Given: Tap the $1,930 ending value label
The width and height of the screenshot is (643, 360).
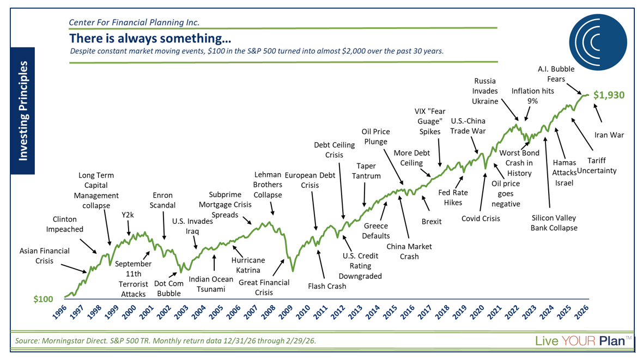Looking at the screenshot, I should pos(609,95).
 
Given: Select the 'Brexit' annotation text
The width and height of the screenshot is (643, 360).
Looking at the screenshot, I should pos(432,221).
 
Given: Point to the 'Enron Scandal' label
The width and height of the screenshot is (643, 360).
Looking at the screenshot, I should pos(164,200).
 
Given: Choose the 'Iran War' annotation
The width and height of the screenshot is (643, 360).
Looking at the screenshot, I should pos(609,135).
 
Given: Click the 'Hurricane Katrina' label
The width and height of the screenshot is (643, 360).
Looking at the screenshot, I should pos(248,265).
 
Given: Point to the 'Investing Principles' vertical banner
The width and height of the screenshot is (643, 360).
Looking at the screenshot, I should pos(23,111).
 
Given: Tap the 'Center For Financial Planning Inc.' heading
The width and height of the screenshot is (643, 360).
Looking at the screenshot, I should pos(134,22).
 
